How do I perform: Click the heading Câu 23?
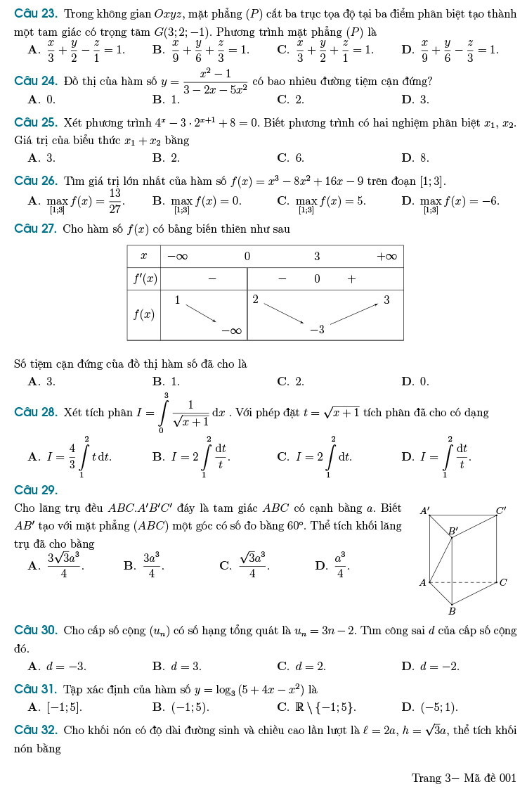(35, 13)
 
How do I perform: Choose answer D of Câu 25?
(415, 158)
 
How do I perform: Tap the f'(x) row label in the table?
(144, 279)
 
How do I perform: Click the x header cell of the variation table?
(144, 256)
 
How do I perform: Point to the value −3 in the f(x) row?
(318, 329)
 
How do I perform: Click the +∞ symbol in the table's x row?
(386, 256)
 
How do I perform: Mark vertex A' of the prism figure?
(425, 511)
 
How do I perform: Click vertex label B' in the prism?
(453, 531)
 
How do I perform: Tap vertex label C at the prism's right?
(503, 582)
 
